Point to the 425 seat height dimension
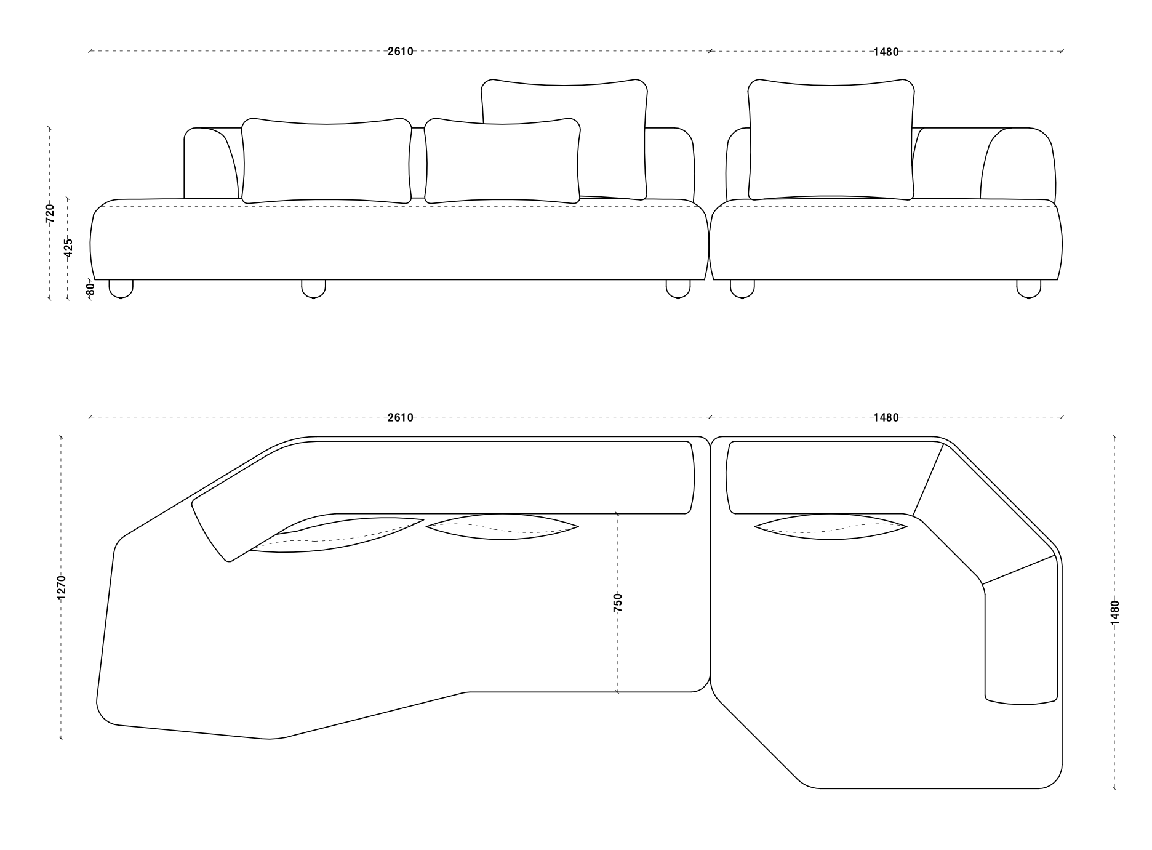coord(68,247)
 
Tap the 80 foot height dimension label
coord(90,288)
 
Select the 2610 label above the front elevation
coord(400,52)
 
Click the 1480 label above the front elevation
coord(886,52)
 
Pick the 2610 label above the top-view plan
coord(400,417)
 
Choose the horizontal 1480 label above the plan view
coord(886,417)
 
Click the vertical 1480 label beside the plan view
coord(1115,612)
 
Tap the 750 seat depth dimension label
coord(618,602)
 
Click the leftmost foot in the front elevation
coord(121,289)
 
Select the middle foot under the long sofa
coord(313,289)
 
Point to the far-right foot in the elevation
coord(1028,289)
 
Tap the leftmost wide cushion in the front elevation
coord(326,160)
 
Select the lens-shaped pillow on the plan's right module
coord(830,527)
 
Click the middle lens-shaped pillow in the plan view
coord(502,527)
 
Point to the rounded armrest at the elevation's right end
coord(1018,163)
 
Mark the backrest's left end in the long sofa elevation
coord(209,163)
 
